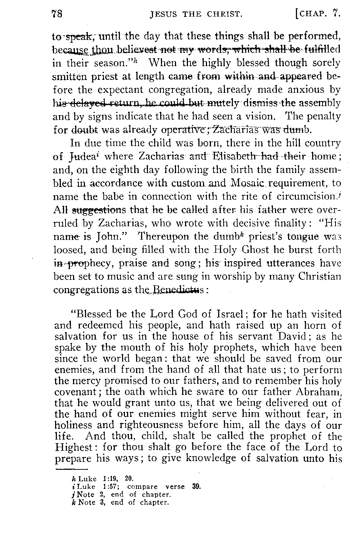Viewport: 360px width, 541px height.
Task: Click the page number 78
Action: coord(58,14)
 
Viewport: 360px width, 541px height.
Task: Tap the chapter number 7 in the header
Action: coord(336,14)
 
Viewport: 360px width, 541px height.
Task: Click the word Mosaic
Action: coord(245,183)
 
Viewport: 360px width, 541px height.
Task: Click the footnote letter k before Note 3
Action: coord(74,502)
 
